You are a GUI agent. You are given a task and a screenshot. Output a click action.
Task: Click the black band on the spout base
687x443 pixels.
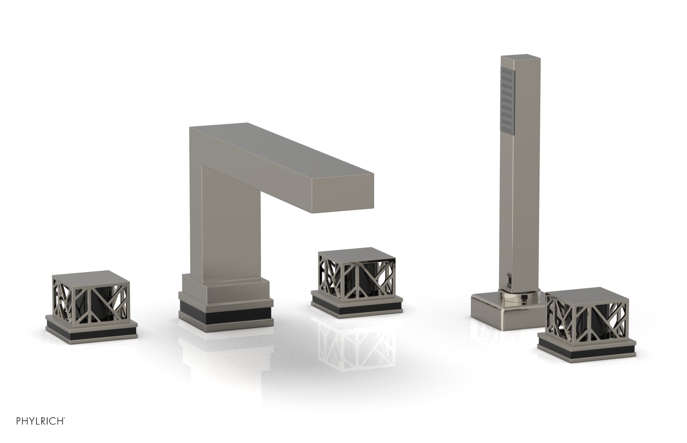[226, 313]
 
